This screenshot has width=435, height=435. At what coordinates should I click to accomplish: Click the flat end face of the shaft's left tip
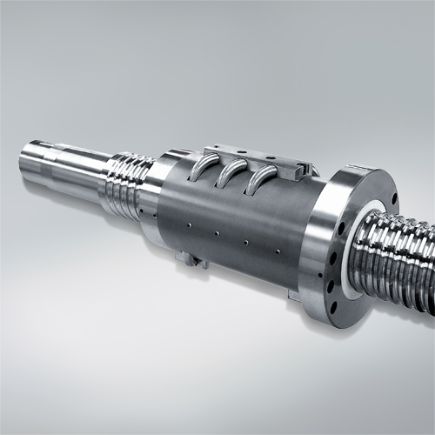tap(25, 162)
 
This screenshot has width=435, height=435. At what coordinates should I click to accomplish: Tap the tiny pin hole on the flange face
tap(333, 270)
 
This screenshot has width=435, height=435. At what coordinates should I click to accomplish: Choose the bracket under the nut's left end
tap(190, 258)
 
